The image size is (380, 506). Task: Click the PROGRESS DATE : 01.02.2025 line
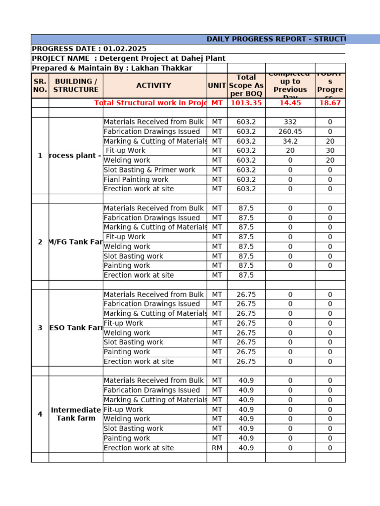pyautogui.click(x=89, y=49)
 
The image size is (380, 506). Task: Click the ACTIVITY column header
pyautogui.click(x=154, y=85)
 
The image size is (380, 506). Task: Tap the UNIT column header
pyautogui.click(x=217, y=85)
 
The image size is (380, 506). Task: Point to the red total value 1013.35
pyautogui.click(x=246, y=103)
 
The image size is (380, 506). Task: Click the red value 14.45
pyautogui.click(x=290, y=103)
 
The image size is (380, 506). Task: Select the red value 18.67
pyautogui.click(x=330, y=103)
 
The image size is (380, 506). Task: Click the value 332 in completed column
pyautogui.click(x=290, y=122)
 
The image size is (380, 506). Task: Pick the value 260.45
pyautogui.click(x=290, y=131)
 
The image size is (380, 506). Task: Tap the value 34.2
pyautogui.click(x=290, y=141)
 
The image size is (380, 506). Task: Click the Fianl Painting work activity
pyautogui.click(x=136, y=179)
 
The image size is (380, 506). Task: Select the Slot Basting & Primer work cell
pyautogui.click(x=149, y=170)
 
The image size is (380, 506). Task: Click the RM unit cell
pyautogui.click(x=217, y=448)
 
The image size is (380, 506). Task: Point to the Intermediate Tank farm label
pyautogui.click(x=76, y=414)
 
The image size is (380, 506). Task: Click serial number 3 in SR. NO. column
pyautogui.click(x=40, y=328)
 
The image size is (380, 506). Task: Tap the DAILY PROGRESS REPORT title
pyautogui.click(x=275, y=39)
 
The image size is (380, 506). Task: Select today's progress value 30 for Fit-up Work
pyautogui.click(x=330, y=151)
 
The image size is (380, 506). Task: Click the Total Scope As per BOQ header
pyautogui.click(x=246, y=85)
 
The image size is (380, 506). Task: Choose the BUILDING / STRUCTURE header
pyautogui.click(x=76, y=85)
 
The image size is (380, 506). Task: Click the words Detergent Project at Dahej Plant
pyautogui.click(x=162, y=58)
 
